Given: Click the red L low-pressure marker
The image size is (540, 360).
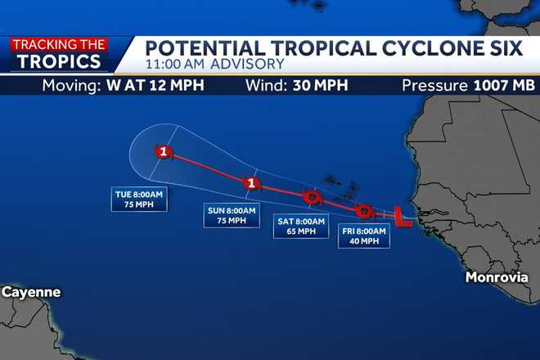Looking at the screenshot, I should click(402, 216).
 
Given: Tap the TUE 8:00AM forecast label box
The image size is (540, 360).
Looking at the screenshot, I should click(139, 200).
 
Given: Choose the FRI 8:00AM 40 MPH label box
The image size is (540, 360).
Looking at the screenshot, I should click(364, 236).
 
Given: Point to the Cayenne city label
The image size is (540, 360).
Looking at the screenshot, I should click(30, 292).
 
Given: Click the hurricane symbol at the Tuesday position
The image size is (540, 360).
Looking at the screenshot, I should click(164, 151).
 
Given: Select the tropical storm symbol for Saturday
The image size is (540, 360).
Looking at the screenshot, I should click(311, 197).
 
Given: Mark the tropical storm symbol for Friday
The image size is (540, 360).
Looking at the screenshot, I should click(365, 211).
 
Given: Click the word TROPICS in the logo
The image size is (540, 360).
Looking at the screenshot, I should click(60, 61).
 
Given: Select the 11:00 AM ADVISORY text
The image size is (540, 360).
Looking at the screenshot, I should click(214, 64).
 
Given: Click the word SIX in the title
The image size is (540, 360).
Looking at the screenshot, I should click(502, 47).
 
